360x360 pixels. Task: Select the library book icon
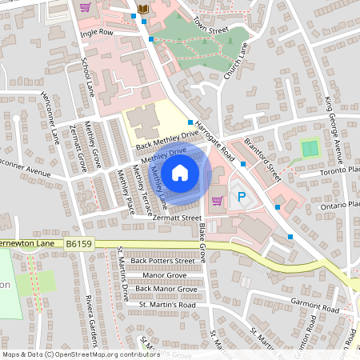pyautogui.click(x=143, y=8)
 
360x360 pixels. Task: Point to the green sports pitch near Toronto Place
pyautogui.click(x=310, y=149)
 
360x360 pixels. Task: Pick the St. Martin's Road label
pyautogui.click(x=167, y=305)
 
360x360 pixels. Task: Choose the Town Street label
pyautogui.click(x=211, y=29)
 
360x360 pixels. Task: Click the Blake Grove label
pyautogui.click(x=202, y=243)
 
